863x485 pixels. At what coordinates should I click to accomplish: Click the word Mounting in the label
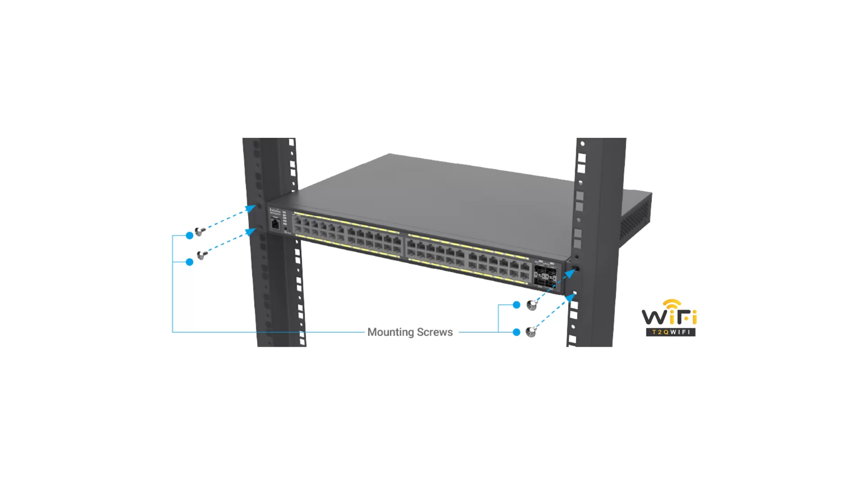(x=390, y=332)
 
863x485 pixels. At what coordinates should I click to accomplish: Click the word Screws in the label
(x=435, y=332)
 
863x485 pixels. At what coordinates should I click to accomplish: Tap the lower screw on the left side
(x=202, y=256)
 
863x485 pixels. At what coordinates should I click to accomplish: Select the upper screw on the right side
(x=532, y=305)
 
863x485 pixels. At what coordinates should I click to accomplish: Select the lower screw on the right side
(x=531, y=332)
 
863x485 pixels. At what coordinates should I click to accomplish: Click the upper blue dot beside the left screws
(x=190, y=235)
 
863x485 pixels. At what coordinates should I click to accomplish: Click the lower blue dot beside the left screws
(x=190, y=262)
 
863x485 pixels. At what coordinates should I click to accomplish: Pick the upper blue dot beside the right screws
(x=516, y=305)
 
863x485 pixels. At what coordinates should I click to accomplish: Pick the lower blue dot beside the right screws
(x=516, y=332)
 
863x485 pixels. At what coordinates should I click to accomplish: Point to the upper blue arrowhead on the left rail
(x=251, y=208)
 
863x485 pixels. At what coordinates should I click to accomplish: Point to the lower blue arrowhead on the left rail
(x=250, y=232)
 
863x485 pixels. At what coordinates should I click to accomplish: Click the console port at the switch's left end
(x=276, y=224)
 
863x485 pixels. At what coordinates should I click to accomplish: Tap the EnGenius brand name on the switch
(x=275, y=210)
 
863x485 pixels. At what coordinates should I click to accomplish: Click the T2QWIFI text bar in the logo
(x=671, y=332)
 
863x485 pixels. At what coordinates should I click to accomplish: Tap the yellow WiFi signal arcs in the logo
(x=672, y=304)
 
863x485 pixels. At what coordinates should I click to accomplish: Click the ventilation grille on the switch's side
(x=635, y=220)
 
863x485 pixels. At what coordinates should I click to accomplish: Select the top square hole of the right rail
(x=582, y=158)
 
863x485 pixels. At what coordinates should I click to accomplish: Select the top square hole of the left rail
(x=292, y=142)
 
